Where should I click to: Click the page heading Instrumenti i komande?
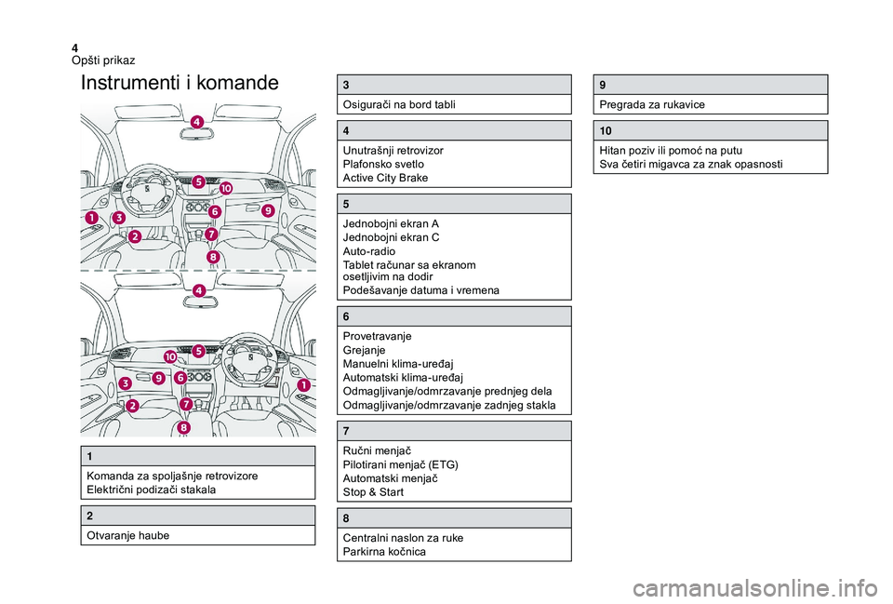click(180, 83)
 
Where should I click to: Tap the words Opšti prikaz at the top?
click(103, 60)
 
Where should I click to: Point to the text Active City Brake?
click(386, 177)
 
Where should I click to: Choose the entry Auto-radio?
click(369, 251)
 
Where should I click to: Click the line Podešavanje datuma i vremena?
click(420, 290)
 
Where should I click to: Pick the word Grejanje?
click(366, 350)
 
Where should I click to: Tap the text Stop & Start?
click(373, 491)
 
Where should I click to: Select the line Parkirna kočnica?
click(386, 552)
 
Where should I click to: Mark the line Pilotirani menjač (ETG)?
click(400, 463)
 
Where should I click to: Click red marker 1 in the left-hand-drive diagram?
click(92, 217)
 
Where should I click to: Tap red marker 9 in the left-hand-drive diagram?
click(267, 210)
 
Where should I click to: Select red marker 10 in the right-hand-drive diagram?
click(170, 356)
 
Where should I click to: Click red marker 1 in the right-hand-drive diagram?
click(303, 384)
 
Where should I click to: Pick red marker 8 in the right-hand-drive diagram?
click(184, 427)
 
